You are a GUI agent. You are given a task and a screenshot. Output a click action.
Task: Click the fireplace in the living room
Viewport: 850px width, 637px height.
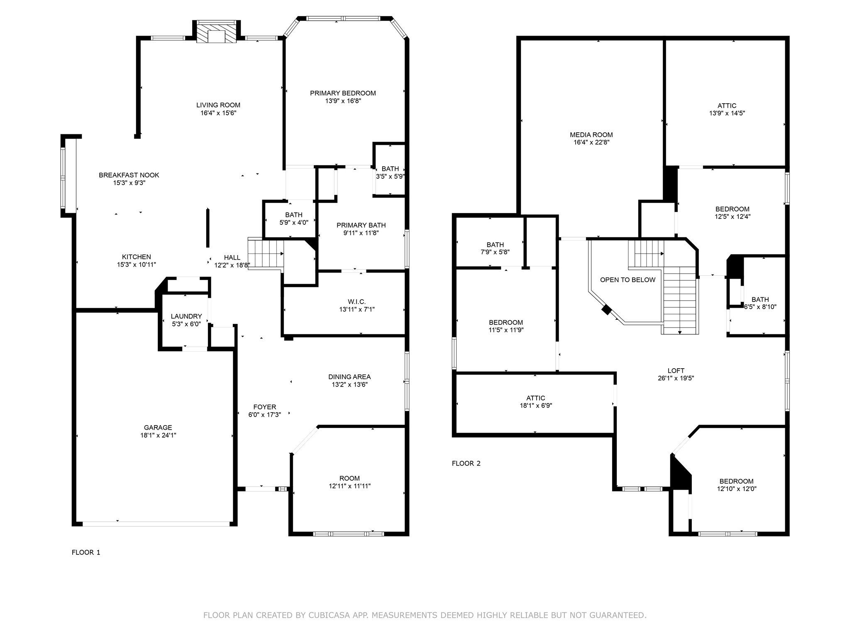tap(216, 32)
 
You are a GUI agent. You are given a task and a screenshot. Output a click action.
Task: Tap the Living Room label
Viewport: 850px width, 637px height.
tap(218, 105)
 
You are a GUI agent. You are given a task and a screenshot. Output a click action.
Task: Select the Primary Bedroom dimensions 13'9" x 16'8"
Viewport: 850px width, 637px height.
tap(343, 101)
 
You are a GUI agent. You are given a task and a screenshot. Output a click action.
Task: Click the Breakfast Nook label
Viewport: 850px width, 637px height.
tap(129, 175)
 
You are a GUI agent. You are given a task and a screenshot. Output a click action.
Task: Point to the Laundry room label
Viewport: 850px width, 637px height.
tap(186, 316)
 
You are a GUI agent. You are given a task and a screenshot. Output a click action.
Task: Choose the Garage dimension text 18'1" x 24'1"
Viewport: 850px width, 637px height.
tap(158, 435)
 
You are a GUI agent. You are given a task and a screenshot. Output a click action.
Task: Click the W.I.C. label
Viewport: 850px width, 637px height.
tap(357, 302)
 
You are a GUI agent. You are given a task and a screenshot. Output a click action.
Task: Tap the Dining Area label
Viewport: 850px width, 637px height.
tap(349, 377)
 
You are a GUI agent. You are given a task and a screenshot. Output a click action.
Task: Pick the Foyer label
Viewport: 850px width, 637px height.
tap(265, 407)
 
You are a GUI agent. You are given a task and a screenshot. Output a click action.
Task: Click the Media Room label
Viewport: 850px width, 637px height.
tap(591, 135)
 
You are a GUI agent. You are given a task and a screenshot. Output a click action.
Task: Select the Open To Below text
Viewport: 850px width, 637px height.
tap(628, 280)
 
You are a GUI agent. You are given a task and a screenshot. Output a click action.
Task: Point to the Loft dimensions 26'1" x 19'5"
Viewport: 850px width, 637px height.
tap(676, 378)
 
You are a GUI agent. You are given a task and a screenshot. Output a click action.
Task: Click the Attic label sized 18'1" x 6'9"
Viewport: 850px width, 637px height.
tap(536, 398)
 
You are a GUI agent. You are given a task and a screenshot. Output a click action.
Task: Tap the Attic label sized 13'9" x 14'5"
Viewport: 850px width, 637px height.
tap(727, 106)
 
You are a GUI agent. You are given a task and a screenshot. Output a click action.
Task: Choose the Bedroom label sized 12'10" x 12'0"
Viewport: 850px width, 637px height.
tap(737, 481)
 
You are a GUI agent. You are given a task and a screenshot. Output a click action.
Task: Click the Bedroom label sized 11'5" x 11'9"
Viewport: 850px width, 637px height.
tap(506, 323)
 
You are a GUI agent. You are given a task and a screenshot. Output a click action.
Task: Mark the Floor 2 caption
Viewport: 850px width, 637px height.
tap(466, 464)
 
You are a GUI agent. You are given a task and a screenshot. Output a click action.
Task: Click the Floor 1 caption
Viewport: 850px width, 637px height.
tap(86, 552)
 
